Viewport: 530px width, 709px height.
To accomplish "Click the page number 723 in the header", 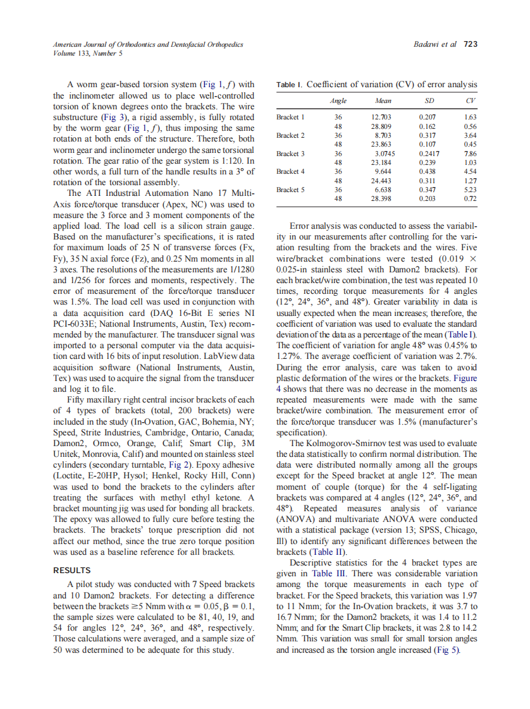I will tap(470, 44).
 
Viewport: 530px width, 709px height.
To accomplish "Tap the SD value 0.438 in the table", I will tap(429, 171).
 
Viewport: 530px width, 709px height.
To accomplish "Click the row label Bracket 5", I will tap(290, 189).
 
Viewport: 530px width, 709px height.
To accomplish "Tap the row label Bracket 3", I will tap(290, 154).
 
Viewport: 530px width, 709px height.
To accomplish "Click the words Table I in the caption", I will tap(290, 85).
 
